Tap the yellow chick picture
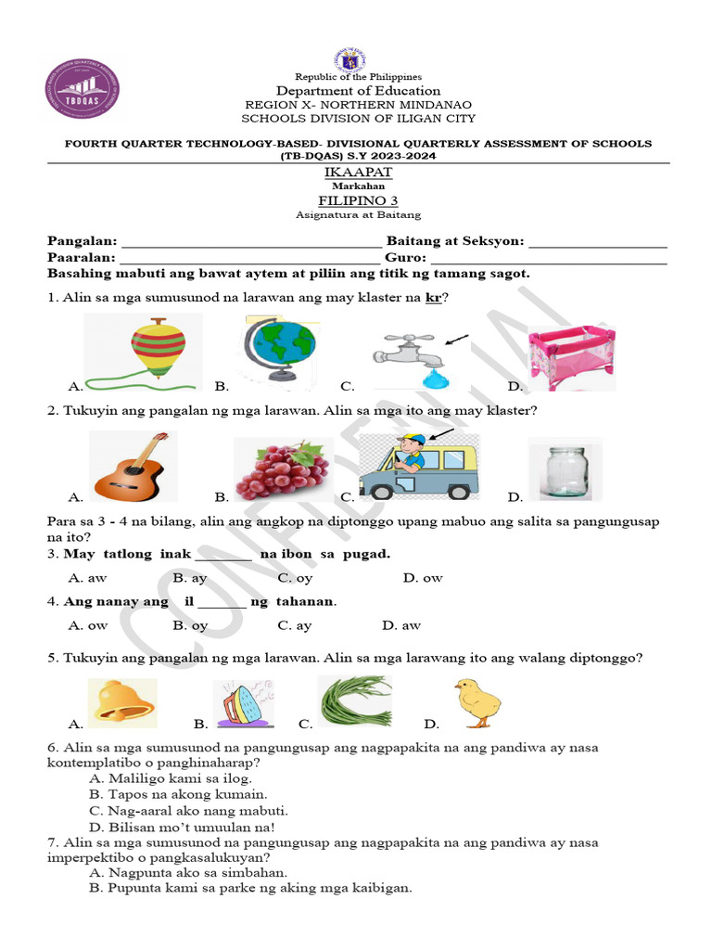(x=477, y=702)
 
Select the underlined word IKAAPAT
(x=358, y=173)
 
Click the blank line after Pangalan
(x=250, y=241)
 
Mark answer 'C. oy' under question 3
(x=294, y=578)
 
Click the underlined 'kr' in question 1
(x=433, y=297)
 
